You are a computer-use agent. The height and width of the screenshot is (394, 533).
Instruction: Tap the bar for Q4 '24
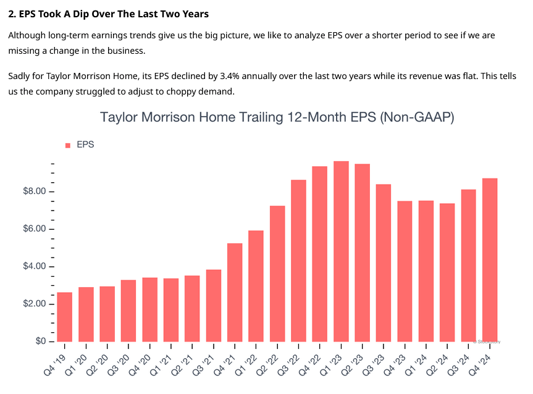(x=490, y=260)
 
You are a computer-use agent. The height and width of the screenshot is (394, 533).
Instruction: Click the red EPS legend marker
(x=68, y=145)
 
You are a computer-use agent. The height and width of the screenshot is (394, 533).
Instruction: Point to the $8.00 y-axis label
(x=34, y=191)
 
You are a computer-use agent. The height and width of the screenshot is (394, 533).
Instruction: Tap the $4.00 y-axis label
(x=34, y=267)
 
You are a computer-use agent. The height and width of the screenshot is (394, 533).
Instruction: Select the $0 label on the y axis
(x=39, y=342)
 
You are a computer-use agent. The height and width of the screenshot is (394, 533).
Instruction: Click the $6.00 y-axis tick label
(x=34, y=229)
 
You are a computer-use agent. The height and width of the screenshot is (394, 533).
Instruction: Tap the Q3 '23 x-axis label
(x=377, y=359)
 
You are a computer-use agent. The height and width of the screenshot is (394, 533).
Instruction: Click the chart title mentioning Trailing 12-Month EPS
(x=277, y=117)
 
